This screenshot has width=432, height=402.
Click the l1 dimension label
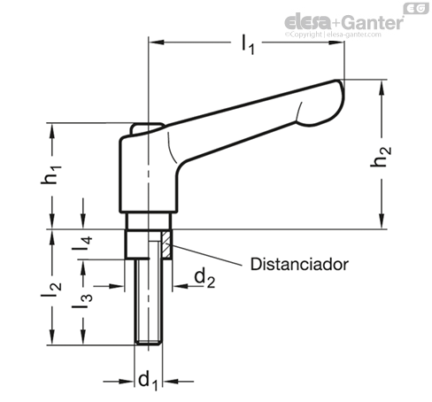pyautogui.click(x=247, y=44)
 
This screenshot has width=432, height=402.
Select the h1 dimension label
pyautogui.click(x=51, y=175)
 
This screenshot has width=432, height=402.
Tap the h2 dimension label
pyautogui.click(x=381, y=157)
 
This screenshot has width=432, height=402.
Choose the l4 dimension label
pyautogui.click(x=82, y=244)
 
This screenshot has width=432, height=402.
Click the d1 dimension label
pyautogui.click(x=149, y=380)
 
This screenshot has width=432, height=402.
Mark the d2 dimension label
pyautogui.click(x=204, y=278)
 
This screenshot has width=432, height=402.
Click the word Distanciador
pyautogui.click(x=299, y=264)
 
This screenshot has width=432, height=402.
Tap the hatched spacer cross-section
pyautogui.click(x=166, y=244)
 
